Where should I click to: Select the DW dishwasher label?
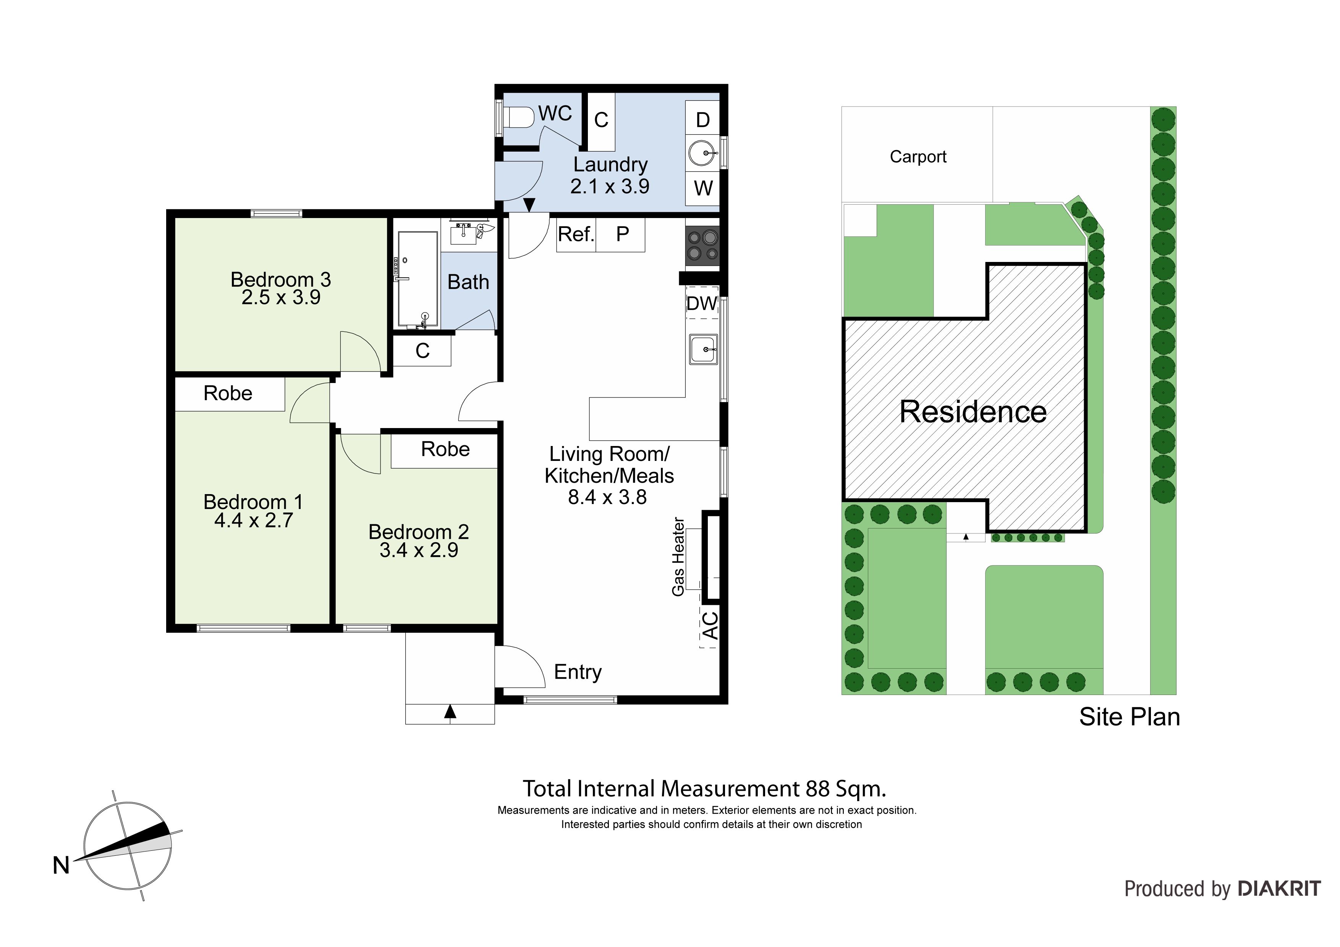tap(702, 304)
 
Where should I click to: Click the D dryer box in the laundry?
tap(703, 119)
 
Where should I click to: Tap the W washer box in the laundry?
tap(703, 188)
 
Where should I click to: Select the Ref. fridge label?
tap(575, 234)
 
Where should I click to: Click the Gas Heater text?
tap(678, 557)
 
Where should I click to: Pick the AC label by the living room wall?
tap(710, 625)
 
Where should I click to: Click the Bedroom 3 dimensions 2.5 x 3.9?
tap(281, 297)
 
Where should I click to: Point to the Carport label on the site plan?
tap(918, 157)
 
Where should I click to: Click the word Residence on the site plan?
tap(973, 412)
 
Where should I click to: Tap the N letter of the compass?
tap(61, 865)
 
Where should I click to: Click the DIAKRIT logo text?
tap(1279, 889)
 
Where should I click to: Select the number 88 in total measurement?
tap(818, 789)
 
